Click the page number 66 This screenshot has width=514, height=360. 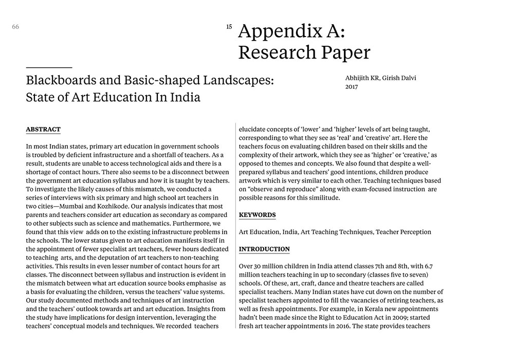coord(15,27)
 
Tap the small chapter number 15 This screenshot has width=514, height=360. coord(229,27)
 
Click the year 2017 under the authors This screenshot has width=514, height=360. coord(352,87)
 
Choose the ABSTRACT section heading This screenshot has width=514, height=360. coord(43,130)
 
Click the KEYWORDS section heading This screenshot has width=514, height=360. coord(257,215)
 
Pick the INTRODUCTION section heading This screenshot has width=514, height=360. coord(264,249)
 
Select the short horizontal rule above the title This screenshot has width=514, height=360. coord(49,67)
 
